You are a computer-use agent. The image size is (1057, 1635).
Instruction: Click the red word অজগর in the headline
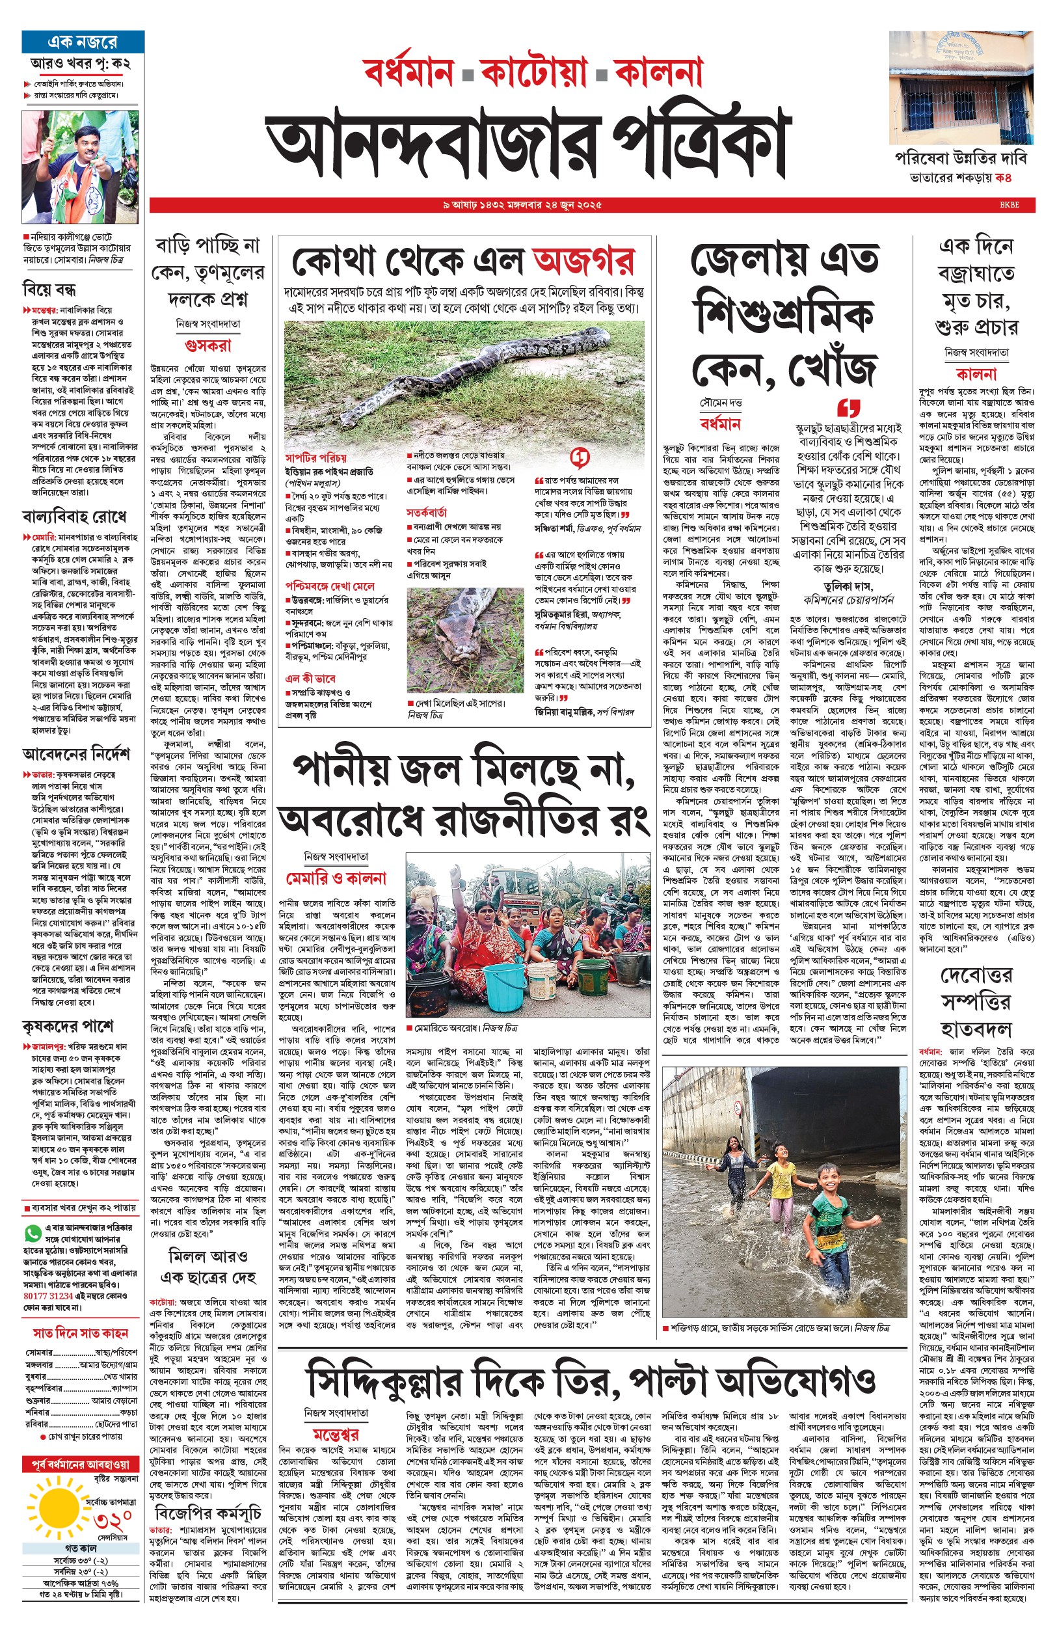pos(583,262)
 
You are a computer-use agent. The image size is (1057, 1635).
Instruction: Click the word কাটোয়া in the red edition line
pos(534,72)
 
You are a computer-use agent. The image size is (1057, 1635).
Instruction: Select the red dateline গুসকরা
pos(208,345)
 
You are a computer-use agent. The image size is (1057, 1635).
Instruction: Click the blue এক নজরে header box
pos(83,41)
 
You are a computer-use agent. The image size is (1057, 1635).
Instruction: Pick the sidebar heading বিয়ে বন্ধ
pos(49,289)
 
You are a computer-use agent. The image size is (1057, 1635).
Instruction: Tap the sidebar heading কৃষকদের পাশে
pos(68,1026)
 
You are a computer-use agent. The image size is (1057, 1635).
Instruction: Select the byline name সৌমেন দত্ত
pos(721,403)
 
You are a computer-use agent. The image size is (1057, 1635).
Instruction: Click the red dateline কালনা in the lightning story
pos(975,374)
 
